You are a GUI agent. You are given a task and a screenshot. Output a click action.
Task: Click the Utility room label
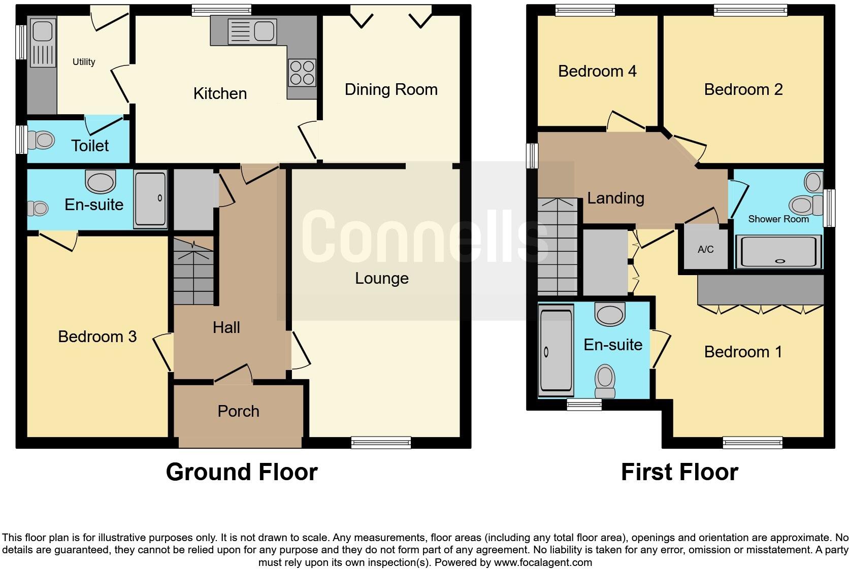coord(84,62)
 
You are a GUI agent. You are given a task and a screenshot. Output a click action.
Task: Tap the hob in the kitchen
coord(302,73)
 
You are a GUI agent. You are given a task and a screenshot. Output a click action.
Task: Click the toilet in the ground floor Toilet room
coord(42,140)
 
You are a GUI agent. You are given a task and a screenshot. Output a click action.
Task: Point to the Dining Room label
coord(390,90)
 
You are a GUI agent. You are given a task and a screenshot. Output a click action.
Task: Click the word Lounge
coord(381,278)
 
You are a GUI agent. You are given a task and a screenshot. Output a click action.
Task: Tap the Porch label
coord(238,411)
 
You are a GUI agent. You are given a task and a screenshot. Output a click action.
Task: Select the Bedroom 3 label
coord(97,337)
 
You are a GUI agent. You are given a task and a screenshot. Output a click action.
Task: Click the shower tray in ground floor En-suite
coord(150,199)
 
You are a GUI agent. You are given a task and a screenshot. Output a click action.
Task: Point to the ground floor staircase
coord(193,272)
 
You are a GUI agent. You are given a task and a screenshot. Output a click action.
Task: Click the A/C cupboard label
coord(705,249)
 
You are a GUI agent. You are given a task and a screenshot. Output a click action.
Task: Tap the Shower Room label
coord(778,219)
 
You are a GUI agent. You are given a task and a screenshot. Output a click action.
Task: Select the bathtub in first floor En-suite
coord(556,351)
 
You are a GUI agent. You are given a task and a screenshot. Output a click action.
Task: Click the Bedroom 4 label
coord(597,71)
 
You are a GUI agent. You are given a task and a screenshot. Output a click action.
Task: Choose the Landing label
coord(615,198)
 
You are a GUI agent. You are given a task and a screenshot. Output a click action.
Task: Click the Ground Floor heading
coord(242,472)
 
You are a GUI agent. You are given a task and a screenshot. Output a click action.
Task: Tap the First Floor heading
coord(679,472)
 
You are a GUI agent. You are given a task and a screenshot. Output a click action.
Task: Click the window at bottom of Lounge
coord(381,443)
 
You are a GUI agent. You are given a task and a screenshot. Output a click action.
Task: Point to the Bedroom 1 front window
coord(753,443)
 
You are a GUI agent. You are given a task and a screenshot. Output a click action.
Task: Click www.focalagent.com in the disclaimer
coord(542,562)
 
